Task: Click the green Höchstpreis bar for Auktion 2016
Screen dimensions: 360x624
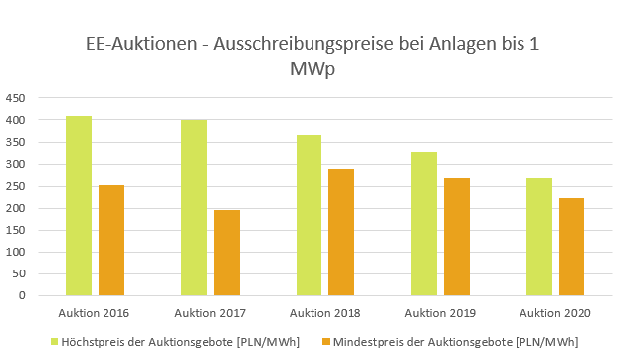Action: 79,206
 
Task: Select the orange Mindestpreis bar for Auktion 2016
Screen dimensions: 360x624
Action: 111,240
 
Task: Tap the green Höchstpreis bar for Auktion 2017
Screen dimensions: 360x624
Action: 194,208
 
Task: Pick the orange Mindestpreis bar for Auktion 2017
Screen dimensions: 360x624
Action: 227,253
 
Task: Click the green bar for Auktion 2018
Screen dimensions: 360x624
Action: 309,216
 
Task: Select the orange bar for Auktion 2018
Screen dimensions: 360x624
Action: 341,232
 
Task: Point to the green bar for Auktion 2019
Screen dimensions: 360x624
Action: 424,224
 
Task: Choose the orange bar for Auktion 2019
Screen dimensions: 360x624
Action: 457,237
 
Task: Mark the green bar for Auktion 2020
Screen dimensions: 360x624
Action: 539,237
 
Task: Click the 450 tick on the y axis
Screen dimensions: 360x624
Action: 16,98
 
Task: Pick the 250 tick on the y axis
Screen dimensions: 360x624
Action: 16,186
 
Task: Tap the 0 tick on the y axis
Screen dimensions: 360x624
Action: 23,295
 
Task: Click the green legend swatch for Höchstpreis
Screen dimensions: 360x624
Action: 56,342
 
